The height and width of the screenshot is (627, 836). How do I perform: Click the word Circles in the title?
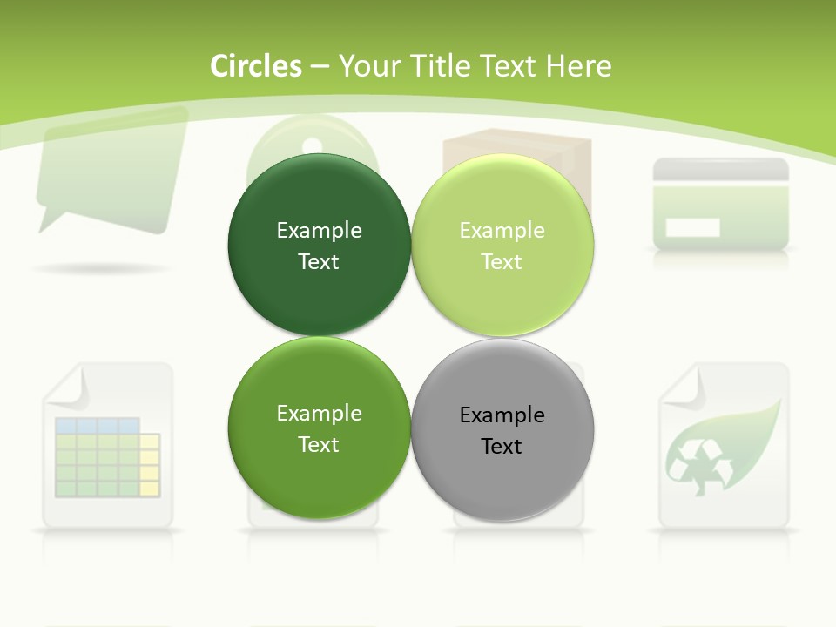[x=256, y=66]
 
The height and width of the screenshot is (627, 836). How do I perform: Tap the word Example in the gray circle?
[x=502, y=415]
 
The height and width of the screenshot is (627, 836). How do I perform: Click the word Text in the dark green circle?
[x=319, y=262]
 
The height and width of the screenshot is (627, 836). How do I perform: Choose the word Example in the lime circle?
[x=502, y=231]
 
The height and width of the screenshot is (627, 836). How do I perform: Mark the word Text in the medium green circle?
[x=319, y=445]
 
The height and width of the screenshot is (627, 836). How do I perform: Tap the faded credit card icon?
[x=721, y=203]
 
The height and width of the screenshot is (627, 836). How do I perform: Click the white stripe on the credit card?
[x=692, y=228]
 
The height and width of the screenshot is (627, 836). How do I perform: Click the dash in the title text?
[x=320, y=66]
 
